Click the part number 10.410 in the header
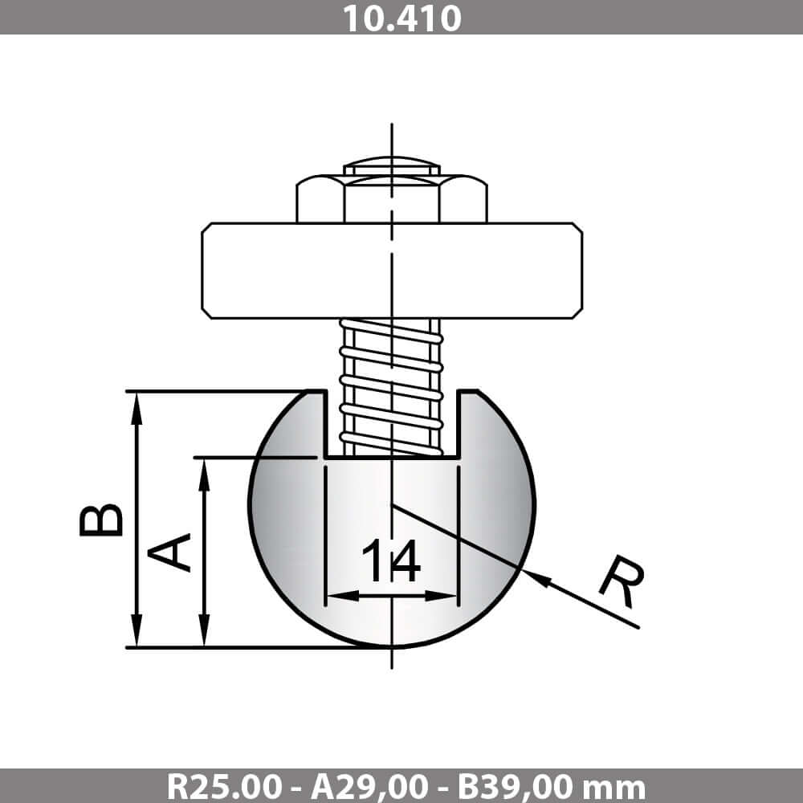click(401, 18)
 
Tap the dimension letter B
click(101, 520)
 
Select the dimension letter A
click(169, 552)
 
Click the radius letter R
click(622, 581)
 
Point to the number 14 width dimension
click(391, 560)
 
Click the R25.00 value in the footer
click(224, 787)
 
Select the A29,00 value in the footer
click(369, 787)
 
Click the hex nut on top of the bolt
click(392, 198)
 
